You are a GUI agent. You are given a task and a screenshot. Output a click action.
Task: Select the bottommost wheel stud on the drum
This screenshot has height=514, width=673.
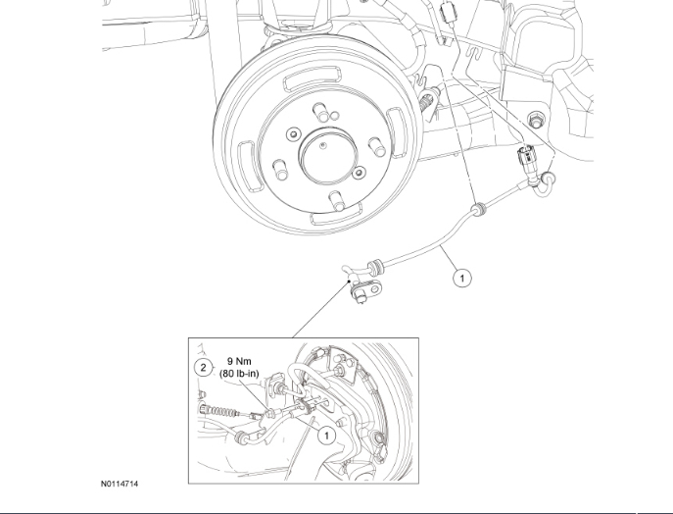[x=335, y=202]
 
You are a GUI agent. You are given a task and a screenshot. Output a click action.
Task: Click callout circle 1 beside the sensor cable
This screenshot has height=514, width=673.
[x=462, y=278]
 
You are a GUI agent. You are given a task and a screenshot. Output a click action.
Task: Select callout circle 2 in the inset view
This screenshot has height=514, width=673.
[x=203, y=368]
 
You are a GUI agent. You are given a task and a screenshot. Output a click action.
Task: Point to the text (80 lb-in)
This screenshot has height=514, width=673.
[x=242, y=373]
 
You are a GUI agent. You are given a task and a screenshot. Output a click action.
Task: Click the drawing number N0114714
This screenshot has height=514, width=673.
[x=119, y=484]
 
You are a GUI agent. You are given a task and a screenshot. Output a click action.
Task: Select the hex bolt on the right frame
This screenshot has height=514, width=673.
[x=536, y=121]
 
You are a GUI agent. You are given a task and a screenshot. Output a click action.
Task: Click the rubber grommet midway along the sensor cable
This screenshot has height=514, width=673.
[x=480, y=209]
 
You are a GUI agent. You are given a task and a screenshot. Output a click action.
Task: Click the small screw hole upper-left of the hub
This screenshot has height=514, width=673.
[x=292, y=134]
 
